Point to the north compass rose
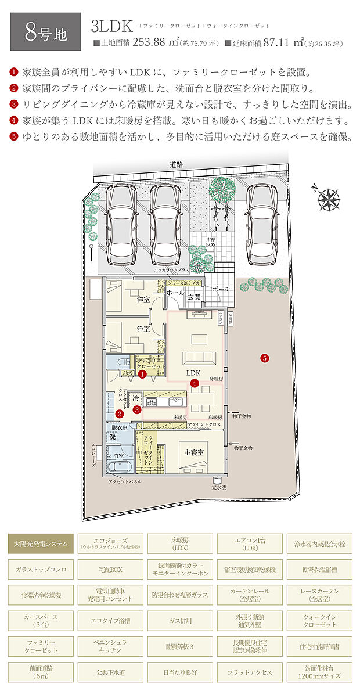328,199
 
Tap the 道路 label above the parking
177,164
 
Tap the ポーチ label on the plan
222,289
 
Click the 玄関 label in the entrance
193,297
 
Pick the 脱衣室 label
119,427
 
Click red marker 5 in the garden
265,358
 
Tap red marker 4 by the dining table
195,383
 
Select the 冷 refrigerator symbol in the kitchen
135,400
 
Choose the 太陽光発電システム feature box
41,545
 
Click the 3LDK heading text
111,26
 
